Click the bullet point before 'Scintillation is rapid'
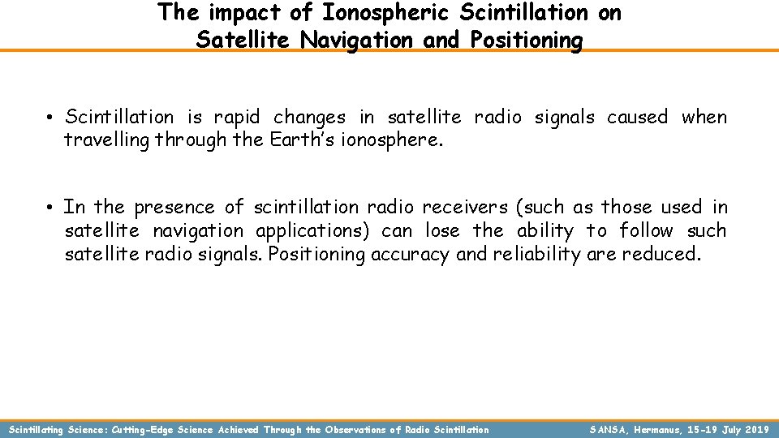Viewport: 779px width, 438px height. coord(49,118)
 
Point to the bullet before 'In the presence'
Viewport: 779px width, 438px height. coord(49,208)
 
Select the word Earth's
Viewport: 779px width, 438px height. coord(266,140)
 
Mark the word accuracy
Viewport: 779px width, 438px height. coord(409,255)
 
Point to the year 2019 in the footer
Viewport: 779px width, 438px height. coord(755,429)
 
